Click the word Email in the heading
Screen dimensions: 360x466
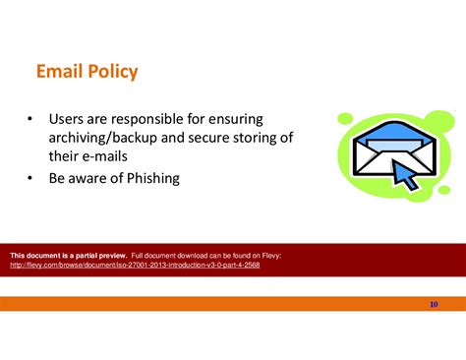click(60, 72)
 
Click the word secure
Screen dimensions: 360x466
click(221, 138)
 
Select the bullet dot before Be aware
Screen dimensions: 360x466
click(31, 180)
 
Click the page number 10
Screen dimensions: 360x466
click(434, 304)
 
